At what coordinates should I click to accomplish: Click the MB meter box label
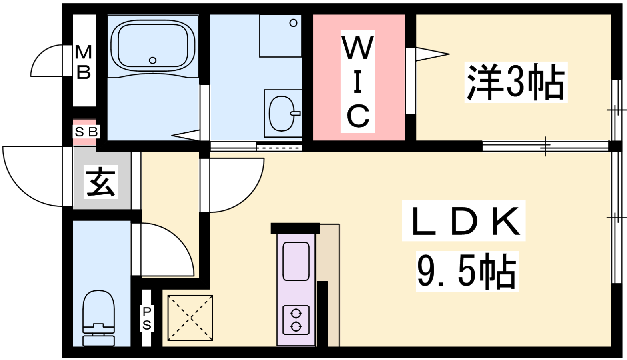[x=84, y=62]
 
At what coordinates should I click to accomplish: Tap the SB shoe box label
[x=86, y=132]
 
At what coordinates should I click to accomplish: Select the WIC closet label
[x=358, y=81]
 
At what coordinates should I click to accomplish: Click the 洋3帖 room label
[x=515, y=82]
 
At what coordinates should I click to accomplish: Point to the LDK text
[x=464, y=221]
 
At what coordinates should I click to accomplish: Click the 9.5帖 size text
[x=467, y=272]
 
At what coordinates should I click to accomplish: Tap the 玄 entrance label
[x=100, y=182]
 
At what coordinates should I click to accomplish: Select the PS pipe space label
[x=147, y=318]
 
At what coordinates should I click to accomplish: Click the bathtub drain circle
[x=153, y=60]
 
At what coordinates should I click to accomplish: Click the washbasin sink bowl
[x=282, y=113]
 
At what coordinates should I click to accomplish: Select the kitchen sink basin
[x=296, y=262]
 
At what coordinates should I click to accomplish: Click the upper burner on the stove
[x=296, y=313]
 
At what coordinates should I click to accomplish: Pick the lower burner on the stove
[x=296, y=326]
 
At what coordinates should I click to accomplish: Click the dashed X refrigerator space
[x=190, y=318]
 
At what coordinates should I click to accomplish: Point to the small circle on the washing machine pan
[x=294, y=23]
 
